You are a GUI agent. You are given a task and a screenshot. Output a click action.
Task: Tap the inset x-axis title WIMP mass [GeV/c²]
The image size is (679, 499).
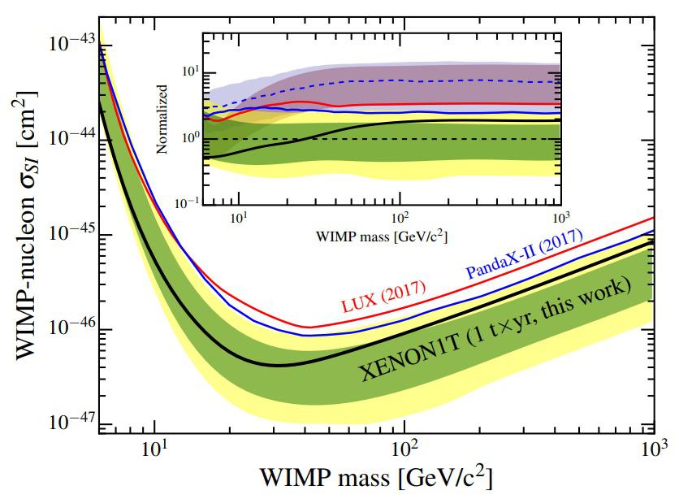point(380,236)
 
